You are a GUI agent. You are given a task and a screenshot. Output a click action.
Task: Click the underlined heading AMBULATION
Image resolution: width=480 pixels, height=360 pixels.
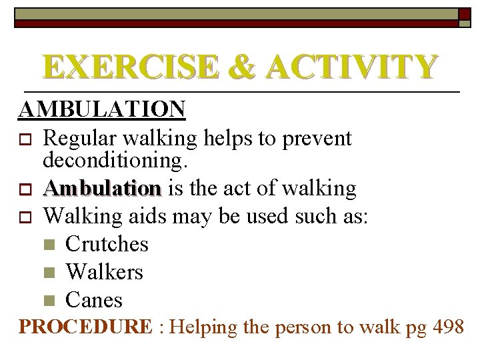pyautogui.click(x=102, y=109)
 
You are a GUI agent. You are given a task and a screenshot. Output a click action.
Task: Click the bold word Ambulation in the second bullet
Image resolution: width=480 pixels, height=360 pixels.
pyautogui.click(x=102, y=189)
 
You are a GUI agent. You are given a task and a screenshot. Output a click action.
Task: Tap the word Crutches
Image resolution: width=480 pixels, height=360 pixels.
pyautogui.click(x=107, y=244)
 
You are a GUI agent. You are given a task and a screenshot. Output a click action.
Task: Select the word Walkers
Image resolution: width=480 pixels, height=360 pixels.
pyautogui.click(x=104, y=272)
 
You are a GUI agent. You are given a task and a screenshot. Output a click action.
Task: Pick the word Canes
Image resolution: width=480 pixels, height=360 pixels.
pyautogui.click(x=94, y=300)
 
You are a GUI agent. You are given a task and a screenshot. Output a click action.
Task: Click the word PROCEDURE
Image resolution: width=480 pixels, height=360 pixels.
pyautogui.click(x=85, y=327)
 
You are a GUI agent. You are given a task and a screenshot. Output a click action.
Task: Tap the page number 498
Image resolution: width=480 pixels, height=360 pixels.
pyautogui.click(x=449, y=327)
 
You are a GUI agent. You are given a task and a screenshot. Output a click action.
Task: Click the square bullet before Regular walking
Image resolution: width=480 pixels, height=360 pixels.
pyautogui.click(x=26, y=139)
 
